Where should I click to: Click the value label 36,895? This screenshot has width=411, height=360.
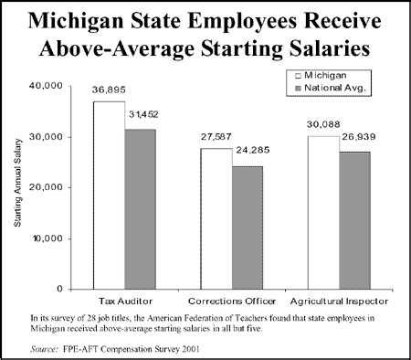(x=109, y=91)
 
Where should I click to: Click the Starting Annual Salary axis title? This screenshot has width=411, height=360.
(x=21, y=186)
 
